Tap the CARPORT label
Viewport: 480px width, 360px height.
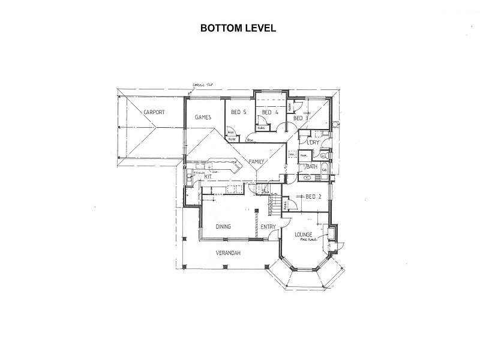pos(154,112)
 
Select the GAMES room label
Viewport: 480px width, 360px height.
pos(203,118)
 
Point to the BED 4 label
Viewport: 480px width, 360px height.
pos(269,112)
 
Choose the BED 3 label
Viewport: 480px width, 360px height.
pos(301,118)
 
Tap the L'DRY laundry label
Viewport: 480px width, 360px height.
pos(313,142)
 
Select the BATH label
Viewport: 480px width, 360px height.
pos(312,167)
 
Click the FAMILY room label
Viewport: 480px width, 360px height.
pos(258,162)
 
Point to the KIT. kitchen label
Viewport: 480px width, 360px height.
pos(209,178)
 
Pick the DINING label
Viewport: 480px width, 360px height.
pos(223,226)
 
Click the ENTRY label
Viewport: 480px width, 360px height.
pos(268,226)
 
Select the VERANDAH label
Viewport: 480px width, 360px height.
pos(228,253)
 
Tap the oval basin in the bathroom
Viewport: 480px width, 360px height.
pos(307,178)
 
